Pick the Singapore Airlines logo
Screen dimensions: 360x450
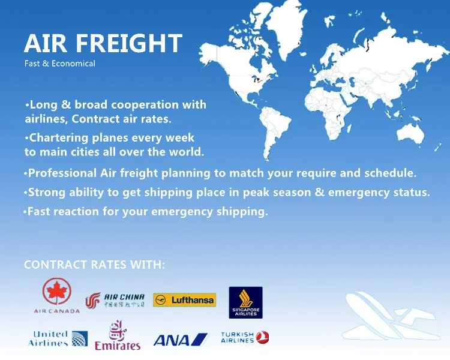[246, 302]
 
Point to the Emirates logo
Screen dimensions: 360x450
[118, 337]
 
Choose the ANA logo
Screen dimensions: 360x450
[180, 340]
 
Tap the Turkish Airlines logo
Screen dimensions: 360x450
[245, 338]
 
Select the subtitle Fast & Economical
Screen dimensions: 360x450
[59, 63]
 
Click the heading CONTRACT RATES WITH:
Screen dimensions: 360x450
[94, 265]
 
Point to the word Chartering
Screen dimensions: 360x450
[61, 137]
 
